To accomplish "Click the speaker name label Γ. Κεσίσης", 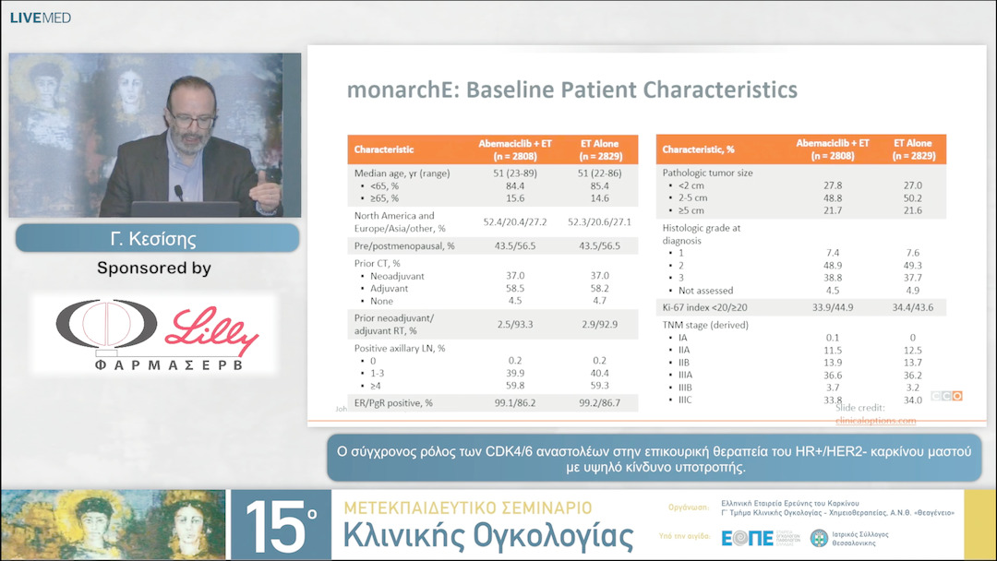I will [156, 239].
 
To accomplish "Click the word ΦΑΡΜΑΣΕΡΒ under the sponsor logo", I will [154, 364].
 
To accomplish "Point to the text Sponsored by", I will [154, 269].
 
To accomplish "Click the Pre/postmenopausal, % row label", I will [404, 246].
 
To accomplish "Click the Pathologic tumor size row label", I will [708, 173].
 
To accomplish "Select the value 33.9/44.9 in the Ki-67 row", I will [832, 307].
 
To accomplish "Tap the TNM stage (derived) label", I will [705, 325].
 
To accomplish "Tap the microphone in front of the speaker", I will [178, 193].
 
